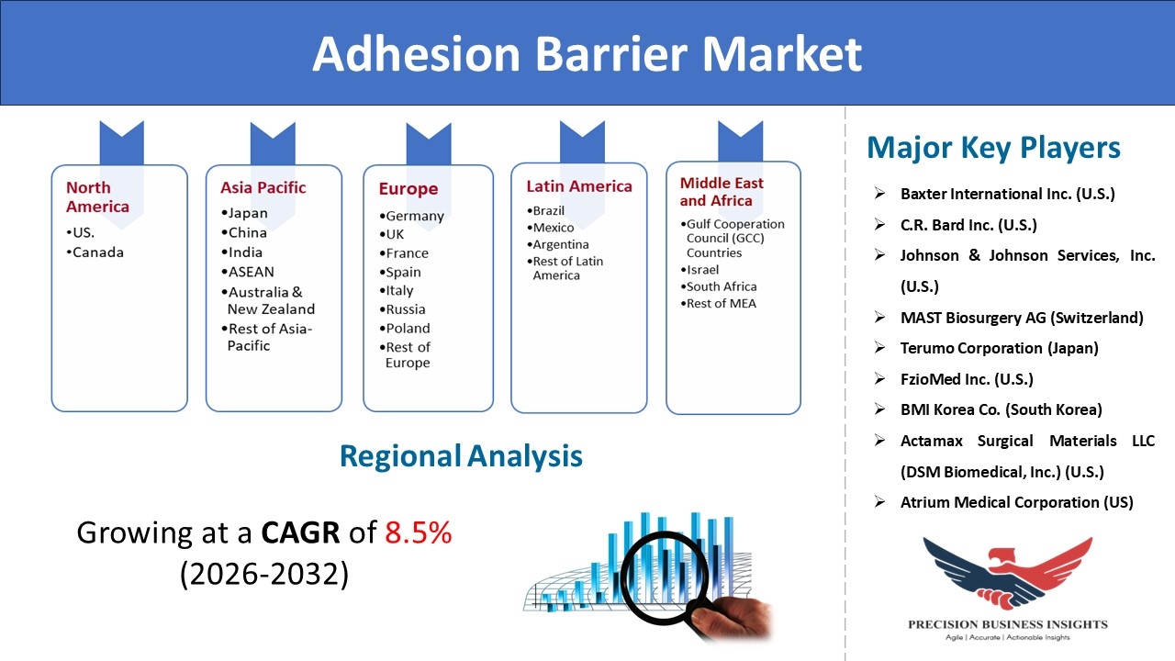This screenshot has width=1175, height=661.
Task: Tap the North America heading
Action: [x=97, y=196]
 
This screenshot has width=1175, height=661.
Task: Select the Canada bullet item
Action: [x=95, y=252]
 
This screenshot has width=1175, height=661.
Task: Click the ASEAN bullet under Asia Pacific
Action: [x=248, y=272]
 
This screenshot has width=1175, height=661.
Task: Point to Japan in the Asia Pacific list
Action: [x=244, y=214]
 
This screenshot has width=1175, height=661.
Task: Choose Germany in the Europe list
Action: [x=412, y=216]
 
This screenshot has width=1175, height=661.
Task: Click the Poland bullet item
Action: [x=405, y=329]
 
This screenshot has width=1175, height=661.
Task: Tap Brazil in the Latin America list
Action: [x=545, y=211]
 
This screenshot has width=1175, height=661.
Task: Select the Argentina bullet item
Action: [x=557, y=244]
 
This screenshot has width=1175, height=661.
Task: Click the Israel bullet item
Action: [x=699, y=270]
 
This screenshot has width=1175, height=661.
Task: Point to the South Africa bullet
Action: [x=719, y=286]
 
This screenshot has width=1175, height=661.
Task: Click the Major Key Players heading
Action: [x=993, y=148]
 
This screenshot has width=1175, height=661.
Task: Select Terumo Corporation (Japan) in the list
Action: [x=1000, y=348]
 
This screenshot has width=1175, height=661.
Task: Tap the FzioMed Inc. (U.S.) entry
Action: [x=967, y=379]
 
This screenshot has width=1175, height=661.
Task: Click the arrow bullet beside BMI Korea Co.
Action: [x=879, y=409]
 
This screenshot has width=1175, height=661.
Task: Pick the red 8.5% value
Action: [x=418, y=533]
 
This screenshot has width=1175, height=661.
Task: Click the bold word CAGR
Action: [x=300, y=533]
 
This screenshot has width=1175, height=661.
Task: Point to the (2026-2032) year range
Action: [x=264, y=574]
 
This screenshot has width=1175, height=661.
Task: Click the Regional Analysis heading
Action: [x=461, y=456]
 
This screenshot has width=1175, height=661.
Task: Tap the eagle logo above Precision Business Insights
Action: [x=1008, y=573]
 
